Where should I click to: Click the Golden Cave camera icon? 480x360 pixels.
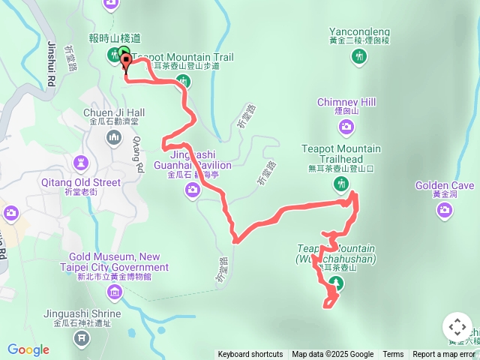pyautogui.click(x=444, y=210)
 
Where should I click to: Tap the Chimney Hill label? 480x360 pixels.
pyautogui.click(x=346, y=102)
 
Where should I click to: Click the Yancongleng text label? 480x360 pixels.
pyautogui.click(x=360, y=32)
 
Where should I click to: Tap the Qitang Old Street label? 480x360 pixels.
pyautogui.click(x=82, y=182)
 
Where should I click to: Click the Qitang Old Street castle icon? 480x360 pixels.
pyautogui.click(x=81, y=162)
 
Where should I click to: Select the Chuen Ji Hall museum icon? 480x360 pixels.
pyautogui.click(x=114, y=138)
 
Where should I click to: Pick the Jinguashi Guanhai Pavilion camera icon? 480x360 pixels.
pyautogui.click(x=193, y=190)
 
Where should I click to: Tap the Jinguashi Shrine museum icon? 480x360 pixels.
pyautogui.click(x=81, y=340)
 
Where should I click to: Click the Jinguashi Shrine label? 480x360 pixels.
pyautogui.click(x=82, y=313)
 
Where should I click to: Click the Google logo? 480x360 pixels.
pyautogui.click(x=28, y=349)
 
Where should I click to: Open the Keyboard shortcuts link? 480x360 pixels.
pyautogui.click(x=250, y=355)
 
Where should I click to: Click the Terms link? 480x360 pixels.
pyautogui.click(x=393, y=355)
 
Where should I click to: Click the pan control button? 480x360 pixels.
pyautogui.click(x=457, y=327)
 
